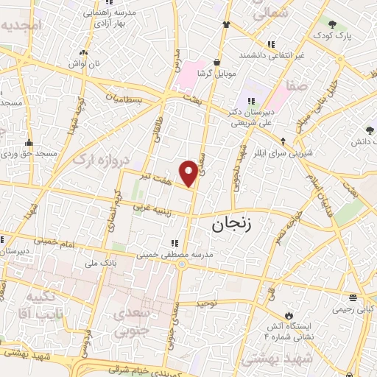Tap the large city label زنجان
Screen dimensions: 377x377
[237, 225]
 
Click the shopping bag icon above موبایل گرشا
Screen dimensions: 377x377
[216, 63]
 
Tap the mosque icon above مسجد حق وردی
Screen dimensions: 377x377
[29, 142]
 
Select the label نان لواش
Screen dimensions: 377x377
[84, 63]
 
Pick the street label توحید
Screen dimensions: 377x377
[208, 303]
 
